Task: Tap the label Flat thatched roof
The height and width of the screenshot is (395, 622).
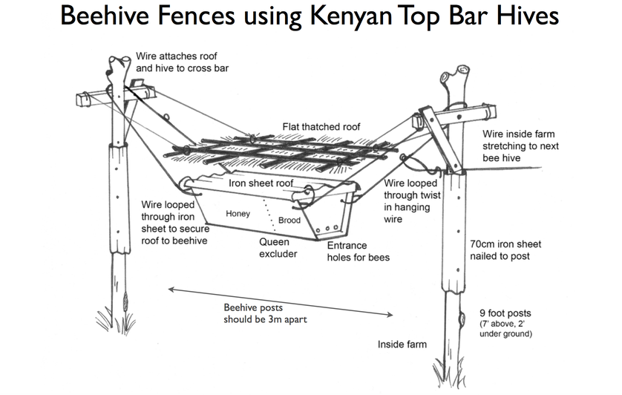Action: (x=321, y=127)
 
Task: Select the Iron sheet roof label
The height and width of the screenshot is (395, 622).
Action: (x=261, y=183)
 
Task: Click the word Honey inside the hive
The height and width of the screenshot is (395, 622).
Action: (x=238, y=214)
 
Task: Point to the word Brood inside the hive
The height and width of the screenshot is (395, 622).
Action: (x=289, y=221)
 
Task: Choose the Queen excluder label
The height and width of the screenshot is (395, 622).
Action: (x=278, y=248)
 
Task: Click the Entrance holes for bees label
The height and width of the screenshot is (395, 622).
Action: (x=358, y=252)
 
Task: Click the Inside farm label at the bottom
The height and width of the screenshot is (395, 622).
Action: (x=402, y=345)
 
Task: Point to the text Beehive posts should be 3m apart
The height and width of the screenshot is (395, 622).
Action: (x=263, y=313)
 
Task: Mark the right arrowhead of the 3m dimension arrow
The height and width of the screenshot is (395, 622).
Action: (x=390, y=316)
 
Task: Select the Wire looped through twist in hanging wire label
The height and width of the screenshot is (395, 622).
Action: (x=413, y=201)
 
